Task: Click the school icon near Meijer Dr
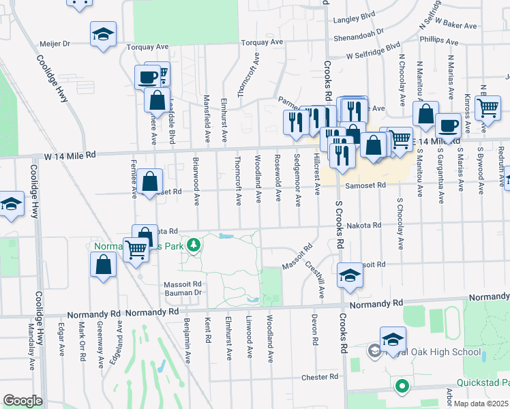103,33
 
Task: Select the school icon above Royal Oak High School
393,339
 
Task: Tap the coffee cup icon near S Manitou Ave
448,125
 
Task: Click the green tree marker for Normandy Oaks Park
194,243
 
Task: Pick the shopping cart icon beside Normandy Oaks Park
136,249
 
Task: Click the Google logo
22,400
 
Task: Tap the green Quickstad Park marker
402,386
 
